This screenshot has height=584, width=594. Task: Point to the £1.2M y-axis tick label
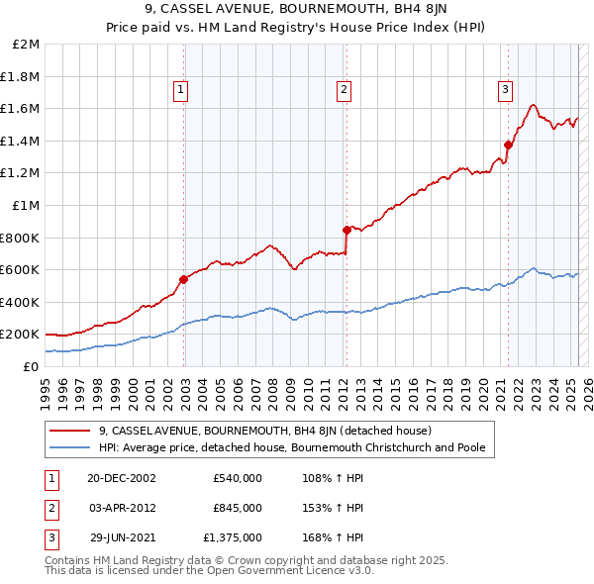pos(22,173)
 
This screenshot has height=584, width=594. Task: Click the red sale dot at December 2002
pos(184,279)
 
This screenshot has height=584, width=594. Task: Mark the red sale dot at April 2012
pos(346,230)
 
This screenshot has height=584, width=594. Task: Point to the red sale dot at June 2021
pos(508,145)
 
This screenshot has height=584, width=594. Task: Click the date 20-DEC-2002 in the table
pos(122,478)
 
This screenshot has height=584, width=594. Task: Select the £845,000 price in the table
pos(238,508)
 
